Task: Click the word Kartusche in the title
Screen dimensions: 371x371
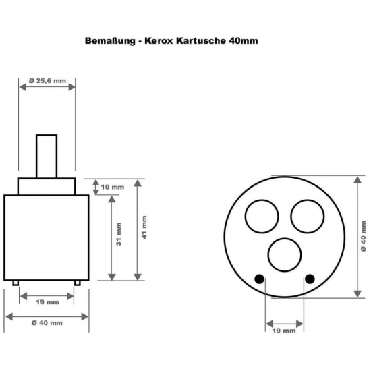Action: click(x=201, y=41)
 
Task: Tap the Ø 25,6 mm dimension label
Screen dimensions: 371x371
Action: click(x=47, y=81)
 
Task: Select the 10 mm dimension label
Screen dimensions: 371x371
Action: click(x=113, y=187)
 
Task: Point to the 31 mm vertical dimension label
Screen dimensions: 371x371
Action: click(x=119, y=234)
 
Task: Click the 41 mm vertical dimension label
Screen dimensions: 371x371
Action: click(x=144, y=227)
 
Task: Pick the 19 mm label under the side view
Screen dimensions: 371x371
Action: click(x=47, y=302)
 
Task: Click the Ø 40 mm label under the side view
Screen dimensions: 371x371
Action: click(x=47, y=323)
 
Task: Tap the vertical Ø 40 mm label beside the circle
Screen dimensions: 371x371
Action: click(x=364, y=236)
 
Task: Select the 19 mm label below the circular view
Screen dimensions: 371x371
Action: click(x=284, y=331)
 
